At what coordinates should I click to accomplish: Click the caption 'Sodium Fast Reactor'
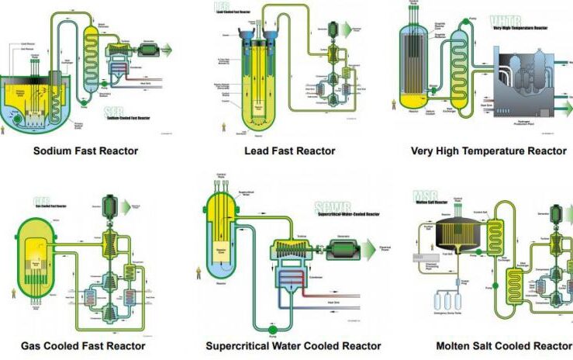86,151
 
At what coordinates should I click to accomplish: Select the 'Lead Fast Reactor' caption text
288,151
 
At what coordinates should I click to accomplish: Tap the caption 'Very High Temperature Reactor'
488,151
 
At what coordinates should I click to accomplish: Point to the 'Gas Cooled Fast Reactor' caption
83,346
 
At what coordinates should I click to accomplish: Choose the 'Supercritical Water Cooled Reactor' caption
293,346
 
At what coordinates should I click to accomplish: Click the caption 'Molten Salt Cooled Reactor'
504,346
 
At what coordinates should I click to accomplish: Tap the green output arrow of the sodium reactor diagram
165,49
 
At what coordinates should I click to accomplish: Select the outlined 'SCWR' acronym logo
330,206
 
